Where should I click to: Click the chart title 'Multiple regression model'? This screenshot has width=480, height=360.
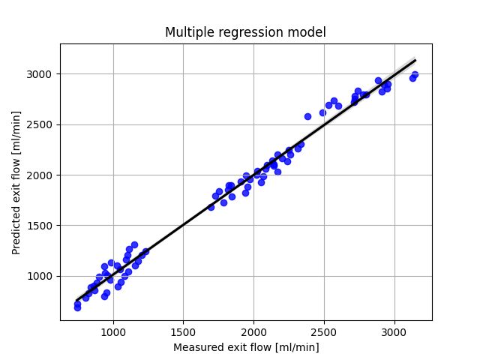[x=245, y=32]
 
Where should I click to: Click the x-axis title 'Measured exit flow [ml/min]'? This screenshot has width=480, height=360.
[x=246, y=347]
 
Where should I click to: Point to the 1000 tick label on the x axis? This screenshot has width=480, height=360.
[x=113, y=331]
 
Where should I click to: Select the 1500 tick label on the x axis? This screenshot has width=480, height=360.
[x=183, y=331]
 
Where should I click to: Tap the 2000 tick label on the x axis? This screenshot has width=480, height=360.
[x=253, y=331]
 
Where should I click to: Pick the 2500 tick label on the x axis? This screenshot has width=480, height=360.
[x=323, y=331]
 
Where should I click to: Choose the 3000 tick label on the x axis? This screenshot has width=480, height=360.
[x=394, y=331]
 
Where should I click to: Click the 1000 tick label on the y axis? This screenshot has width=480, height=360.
[x=43, y=276]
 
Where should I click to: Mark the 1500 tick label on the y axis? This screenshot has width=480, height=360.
[x=43, y=226]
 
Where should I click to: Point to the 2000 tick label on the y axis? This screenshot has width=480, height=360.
[x=43, y=175]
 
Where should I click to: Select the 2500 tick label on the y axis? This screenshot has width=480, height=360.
[x=43, y=124]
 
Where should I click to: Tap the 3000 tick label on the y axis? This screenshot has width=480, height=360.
[x=43, y=74]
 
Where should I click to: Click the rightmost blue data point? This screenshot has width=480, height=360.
[x=415, y=75]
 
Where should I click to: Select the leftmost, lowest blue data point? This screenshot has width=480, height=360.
[x=77, y=307]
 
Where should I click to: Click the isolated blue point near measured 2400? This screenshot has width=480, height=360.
[x=307, y=116]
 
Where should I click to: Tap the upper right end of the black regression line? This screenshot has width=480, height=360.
[x=415, y=60]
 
